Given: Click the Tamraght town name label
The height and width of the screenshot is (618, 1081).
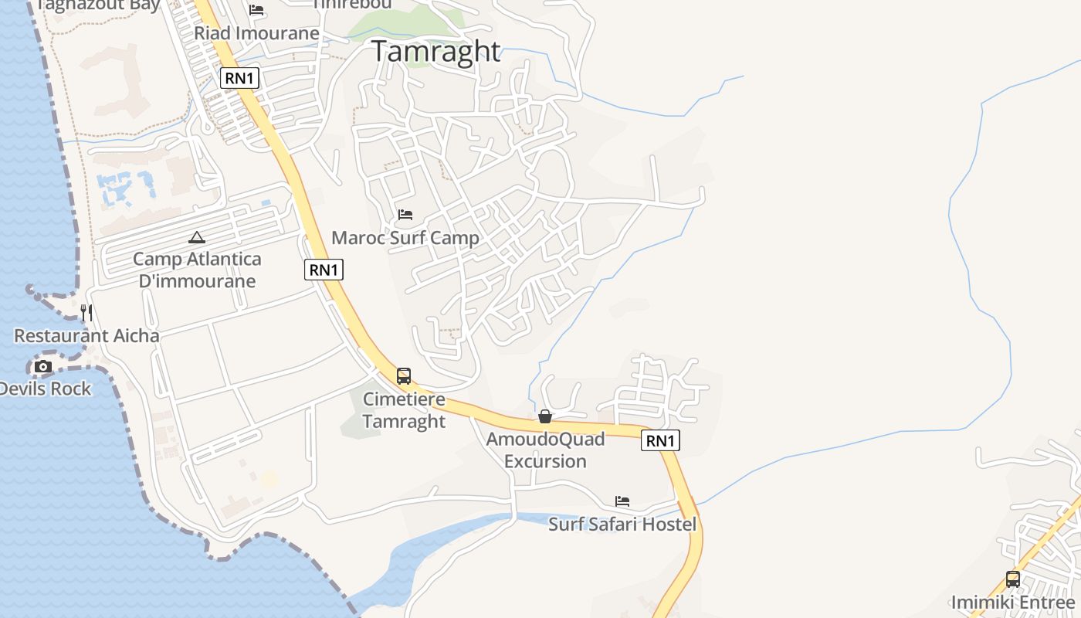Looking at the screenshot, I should (437, 51).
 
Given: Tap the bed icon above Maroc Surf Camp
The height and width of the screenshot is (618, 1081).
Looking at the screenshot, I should (405, 214).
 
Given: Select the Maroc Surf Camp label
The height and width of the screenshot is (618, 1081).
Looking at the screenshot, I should (405, 238).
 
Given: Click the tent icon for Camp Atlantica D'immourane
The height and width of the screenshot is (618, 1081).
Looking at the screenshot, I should (197, 237).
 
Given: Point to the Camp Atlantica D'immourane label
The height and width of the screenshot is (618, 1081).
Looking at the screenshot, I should (197, 270).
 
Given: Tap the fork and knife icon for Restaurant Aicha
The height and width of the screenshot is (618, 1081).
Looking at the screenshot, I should (86, 313).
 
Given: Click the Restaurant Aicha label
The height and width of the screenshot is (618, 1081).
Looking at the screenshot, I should (86, 335).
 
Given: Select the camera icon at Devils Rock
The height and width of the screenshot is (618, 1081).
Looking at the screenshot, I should (43, 366).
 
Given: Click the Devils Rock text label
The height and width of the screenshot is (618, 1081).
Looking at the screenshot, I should (45, 389).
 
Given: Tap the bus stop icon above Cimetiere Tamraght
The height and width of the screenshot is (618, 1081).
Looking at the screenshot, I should (404, 376).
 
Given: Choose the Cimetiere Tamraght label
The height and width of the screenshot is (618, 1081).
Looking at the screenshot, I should (404, 410).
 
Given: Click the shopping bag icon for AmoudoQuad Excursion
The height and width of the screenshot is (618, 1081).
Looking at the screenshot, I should (545, 417).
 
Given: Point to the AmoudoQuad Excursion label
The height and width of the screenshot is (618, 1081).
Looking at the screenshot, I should (545, 450).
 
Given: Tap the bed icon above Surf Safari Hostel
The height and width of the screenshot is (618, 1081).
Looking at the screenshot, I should (622, 501).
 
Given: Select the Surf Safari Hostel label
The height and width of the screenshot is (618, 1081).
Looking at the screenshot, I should (622, 525).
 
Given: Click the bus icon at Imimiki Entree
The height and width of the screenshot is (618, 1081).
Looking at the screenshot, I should (1013, 579).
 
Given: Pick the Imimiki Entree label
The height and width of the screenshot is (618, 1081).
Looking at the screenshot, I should (1013, 603).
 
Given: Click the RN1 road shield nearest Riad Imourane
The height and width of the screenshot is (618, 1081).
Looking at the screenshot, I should (239, 78).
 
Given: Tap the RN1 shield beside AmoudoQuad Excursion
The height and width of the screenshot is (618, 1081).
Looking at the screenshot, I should (660, 441).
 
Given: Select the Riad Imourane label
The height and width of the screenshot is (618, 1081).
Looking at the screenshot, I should (256, 33).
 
